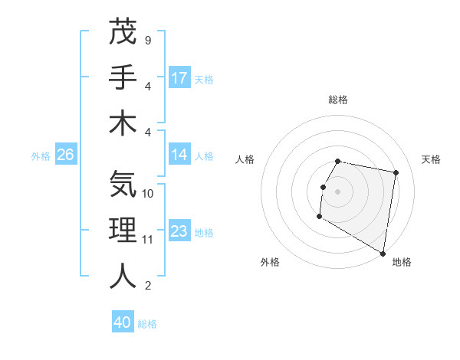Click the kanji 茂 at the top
point(123,32)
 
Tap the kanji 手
point(123,77)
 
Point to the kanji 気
point(123,185)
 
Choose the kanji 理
point(123,231)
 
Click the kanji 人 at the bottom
point(123,276)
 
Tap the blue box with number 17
point(179,77)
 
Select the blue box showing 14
point(179,155)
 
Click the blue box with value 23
point(179,231)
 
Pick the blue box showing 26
point(65,155)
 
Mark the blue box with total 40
point(123,322)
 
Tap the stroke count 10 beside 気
point(148,193)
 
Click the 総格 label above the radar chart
point(338,100)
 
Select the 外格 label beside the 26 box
point(41,155)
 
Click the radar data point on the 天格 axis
point(396,174)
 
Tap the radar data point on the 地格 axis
point(383,254)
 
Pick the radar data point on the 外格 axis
point(319,218)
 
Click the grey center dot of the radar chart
point(337,191)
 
